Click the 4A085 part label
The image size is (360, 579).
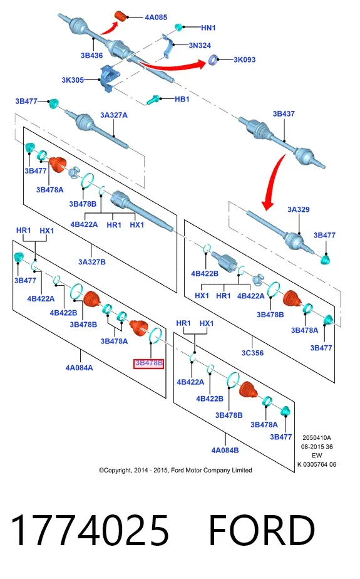156,17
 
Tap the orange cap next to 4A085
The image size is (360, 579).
121,16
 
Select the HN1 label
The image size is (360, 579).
208,28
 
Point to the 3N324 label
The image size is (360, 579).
200,45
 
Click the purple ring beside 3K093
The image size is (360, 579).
213,60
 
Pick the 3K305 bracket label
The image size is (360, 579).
73,80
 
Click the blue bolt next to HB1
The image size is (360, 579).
153,100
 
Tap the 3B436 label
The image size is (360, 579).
91,55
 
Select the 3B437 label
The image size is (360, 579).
284,114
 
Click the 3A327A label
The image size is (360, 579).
114,115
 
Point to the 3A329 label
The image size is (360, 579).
299,209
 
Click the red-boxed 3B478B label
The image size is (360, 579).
148,363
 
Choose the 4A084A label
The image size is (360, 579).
80,368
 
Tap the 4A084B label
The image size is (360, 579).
225,451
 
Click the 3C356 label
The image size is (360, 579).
253,353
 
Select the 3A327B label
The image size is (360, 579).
92,262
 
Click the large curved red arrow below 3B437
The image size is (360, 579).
275,181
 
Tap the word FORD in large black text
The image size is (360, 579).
262,530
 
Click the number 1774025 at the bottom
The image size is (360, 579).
90,530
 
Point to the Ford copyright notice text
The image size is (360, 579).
175,470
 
